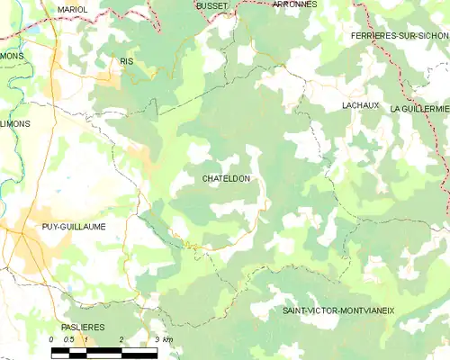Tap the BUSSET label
point(211,4)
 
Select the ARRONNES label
point(293,4)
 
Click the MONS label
point(12,56)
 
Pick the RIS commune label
point(126,61)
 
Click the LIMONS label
point(15,124)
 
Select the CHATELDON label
point(225,179)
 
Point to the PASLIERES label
point(83,326)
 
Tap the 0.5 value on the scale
point(68,339)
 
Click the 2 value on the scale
point(120,339)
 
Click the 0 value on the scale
point(53,339)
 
